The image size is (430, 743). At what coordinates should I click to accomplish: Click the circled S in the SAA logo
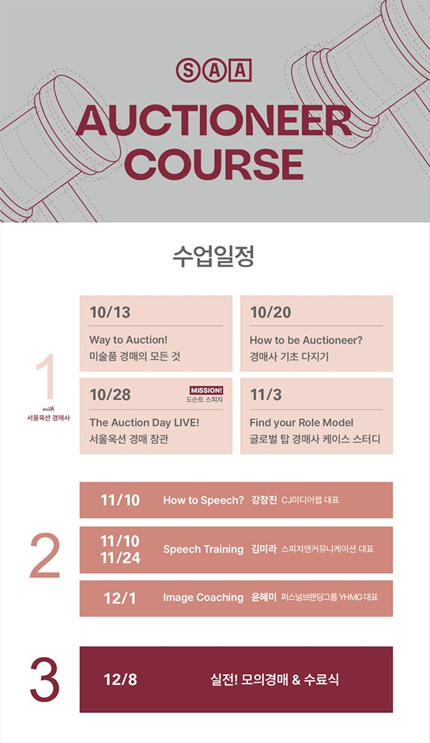(188, 70)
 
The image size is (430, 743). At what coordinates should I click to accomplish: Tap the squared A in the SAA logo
(240, 70)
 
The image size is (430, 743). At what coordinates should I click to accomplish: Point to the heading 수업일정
(214, 256)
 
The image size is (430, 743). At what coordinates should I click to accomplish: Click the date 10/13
(110, 312)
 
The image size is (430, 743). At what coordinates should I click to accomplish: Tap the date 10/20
(271, 312)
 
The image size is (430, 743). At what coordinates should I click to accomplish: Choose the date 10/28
(110, 395)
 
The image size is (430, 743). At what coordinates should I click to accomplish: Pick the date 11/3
(265, 395)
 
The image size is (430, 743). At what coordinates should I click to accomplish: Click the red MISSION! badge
(206, 390)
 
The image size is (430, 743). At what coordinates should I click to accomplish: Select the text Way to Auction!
(128, 340)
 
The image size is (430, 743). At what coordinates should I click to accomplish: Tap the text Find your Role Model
(302, 423)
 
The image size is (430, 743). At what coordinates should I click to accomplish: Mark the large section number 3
(45, 679)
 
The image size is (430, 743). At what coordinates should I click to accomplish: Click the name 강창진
(264, 500)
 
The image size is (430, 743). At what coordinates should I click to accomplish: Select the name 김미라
(264, 550)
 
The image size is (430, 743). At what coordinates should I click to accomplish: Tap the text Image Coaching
(204, 598)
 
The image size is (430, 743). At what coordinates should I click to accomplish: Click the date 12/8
(120, 679)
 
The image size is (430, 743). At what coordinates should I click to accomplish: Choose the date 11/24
(120, 557)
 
